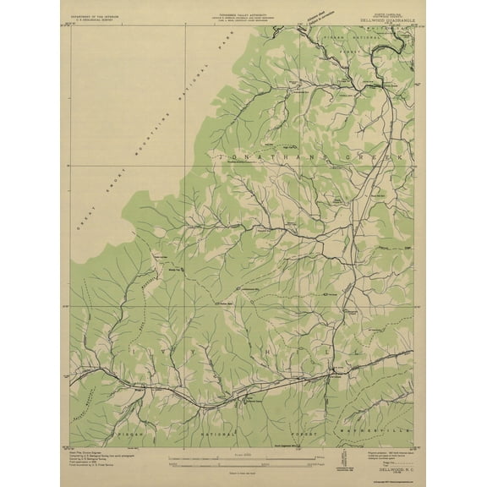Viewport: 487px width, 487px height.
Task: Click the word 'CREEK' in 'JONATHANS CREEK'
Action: click(375, 158)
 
